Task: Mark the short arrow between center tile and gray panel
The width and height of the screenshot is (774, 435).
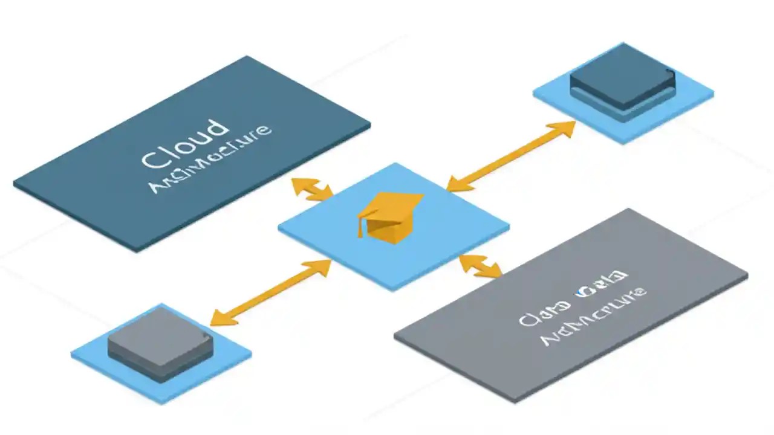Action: point(481,266)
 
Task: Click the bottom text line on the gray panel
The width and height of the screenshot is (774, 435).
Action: point(593,318)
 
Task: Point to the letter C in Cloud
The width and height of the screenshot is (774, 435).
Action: point(152,158)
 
